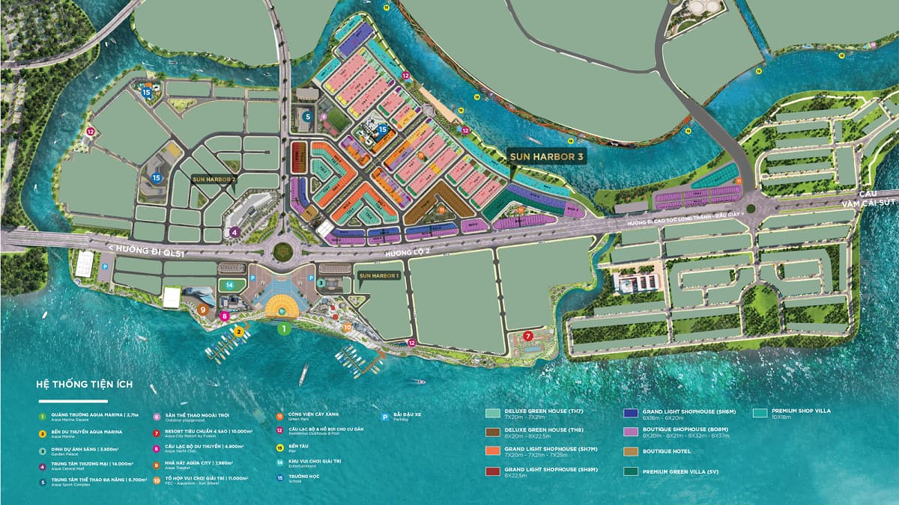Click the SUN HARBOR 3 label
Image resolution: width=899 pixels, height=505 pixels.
tap(545, 156)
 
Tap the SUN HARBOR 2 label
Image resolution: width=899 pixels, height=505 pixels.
tap(214, 180)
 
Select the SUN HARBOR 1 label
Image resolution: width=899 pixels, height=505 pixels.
tap(379, 276)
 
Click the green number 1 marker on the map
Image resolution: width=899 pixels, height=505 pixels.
tap(283, 328)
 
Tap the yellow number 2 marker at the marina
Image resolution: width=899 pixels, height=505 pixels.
tap(238, 331)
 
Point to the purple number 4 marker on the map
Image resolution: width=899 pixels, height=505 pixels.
tap(234, 232)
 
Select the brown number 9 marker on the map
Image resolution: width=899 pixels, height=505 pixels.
tap(202, 308)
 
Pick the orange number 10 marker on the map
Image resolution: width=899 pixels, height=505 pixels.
tap(346, 327)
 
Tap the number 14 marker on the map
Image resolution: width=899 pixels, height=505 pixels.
tap(230, 285)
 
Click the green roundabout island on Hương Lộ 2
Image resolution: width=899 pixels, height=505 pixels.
tap(284, 251)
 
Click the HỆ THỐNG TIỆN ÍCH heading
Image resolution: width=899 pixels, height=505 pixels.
tap(84, 384)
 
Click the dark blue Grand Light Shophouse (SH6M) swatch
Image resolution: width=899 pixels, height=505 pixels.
tap(630, 412)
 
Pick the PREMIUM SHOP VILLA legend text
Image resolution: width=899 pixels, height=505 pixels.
tap(801, 411)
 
